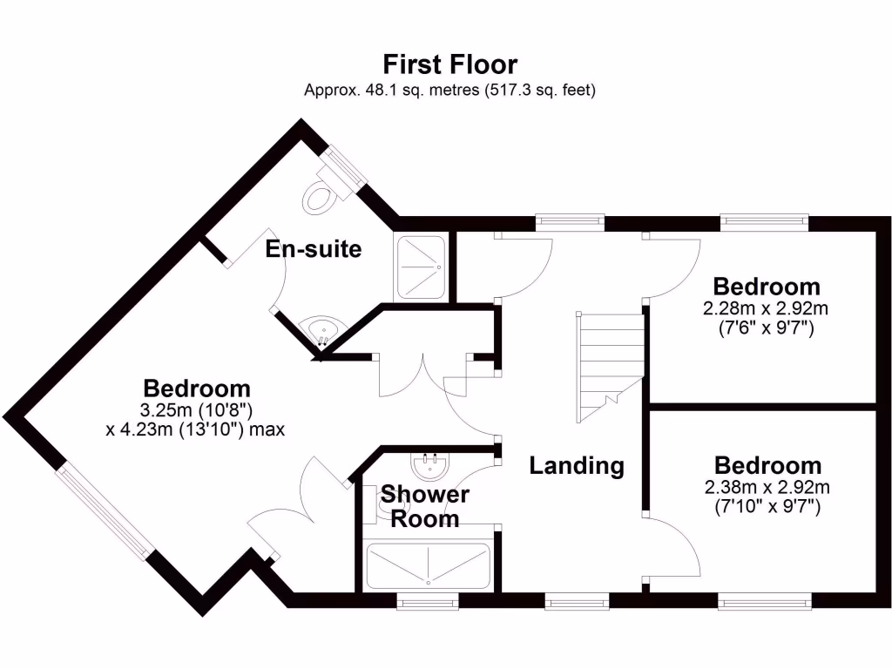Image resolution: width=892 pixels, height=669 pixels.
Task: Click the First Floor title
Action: pyautogui.click(x=450, y=64)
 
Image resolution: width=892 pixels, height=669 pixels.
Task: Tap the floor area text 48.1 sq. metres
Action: pyautogui.click(x=422, y=90)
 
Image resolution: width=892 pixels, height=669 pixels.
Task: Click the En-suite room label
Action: pyautogui.click(x=314, y=248)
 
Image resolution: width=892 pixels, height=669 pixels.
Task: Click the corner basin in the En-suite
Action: pyautogui.click(x=324, y=330)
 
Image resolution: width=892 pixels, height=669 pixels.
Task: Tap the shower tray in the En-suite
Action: pyautogui.click(x=421, y=267)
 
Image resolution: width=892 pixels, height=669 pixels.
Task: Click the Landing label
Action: pyautogui.click(x=577, y=465)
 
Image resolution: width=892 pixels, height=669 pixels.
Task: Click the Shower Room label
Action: pyautogui.click(x=425, y=506)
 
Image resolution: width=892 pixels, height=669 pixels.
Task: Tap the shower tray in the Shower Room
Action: pyautogui.click(x=428, y=566)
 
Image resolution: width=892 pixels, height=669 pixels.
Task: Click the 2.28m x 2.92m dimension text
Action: pyautogui.click(x=765, y=308)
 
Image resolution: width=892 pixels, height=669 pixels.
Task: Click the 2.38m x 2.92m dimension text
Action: pyautogui.click(x=767, y=487)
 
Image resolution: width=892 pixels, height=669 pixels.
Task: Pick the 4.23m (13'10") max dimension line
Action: pyautogui.click(x=195, y=429)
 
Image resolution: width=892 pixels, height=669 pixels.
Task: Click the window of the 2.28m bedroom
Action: pyautogui.click(x=765, y=222)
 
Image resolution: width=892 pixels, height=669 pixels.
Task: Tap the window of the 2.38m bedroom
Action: pyautogui.click(x=765, y=601)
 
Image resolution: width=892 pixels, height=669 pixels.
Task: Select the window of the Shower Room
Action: pyautogui.click(x=428, y=601)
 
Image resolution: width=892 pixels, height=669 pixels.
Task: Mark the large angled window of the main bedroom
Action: pyautogui.click(x=105, y=511)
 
